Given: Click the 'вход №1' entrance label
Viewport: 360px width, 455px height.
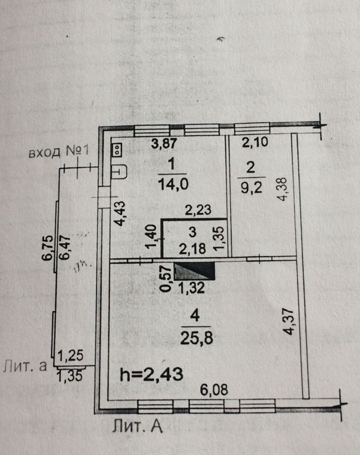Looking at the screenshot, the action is coord(58,152).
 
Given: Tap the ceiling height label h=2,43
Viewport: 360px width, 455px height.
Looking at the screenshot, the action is coord(151,374).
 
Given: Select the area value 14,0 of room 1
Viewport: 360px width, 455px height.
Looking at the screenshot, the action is coord(173,184).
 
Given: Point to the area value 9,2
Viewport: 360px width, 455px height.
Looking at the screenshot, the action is coord(251,187).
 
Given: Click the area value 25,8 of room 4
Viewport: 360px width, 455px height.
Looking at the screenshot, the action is coord(196,338).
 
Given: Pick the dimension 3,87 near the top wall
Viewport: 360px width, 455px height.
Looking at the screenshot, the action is coord(164,143).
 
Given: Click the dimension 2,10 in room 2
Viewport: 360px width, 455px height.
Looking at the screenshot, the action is coord(255,142).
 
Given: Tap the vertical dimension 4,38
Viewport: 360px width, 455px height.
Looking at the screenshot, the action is coord(281,189).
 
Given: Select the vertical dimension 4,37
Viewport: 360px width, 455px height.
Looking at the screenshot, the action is coord(289,322).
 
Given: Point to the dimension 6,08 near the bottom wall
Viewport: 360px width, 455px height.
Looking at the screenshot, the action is coord(214,389).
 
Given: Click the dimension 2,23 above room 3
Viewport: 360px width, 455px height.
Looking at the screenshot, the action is coord(198,210).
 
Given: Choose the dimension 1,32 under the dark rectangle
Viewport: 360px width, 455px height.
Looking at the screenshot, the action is coord(191,287).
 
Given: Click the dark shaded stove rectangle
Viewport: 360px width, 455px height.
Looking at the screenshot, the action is coord(194,271).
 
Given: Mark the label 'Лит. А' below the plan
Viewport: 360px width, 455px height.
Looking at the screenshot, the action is coord(137,426).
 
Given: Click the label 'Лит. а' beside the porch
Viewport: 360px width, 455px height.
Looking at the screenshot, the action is coord(25,366).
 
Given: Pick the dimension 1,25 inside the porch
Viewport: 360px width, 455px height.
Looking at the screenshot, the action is coord(70,355).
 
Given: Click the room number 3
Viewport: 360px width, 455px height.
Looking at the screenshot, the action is coord(192,232).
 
